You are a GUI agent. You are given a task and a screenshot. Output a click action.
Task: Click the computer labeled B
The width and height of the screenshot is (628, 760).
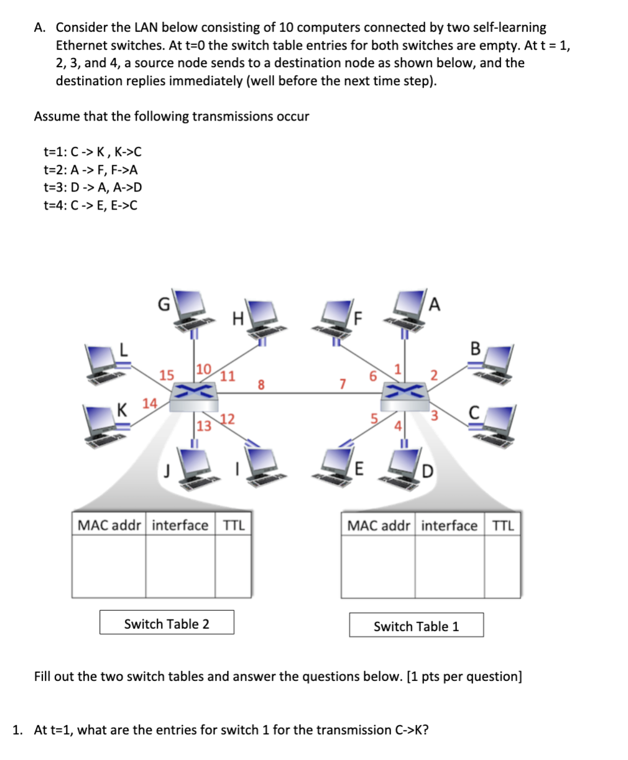point(495,364)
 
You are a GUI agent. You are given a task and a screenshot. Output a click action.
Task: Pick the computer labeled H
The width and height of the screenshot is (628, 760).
point(261,314)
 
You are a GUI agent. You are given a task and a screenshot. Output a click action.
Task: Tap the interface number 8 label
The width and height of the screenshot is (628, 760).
point(261,385)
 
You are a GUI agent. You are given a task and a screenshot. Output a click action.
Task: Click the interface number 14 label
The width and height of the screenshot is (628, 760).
point(149,403)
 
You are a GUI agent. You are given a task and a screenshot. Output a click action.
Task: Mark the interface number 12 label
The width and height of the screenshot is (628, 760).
point(227,419)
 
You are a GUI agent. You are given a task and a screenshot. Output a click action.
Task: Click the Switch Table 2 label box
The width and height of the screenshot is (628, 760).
point(167,623)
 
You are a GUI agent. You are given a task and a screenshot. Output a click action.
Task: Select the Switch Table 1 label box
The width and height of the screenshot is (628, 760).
point(416,626)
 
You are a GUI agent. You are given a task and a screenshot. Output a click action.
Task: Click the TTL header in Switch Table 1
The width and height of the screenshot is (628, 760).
point(502,526)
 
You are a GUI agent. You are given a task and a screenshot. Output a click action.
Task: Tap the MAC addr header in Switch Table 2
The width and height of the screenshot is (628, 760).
point(109,525)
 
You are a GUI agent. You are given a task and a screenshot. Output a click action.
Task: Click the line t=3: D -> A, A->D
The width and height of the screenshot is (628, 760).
point(93,187)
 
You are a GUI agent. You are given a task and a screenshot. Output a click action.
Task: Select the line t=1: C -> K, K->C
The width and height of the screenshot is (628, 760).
point(93,151)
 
